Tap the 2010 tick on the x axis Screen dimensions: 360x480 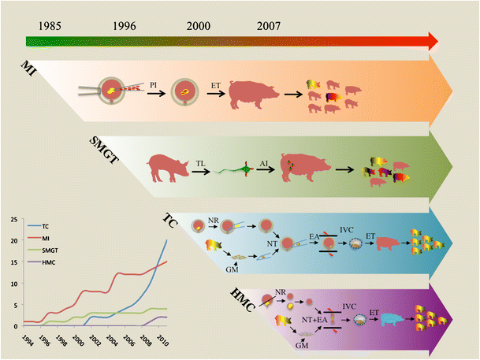162,341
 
